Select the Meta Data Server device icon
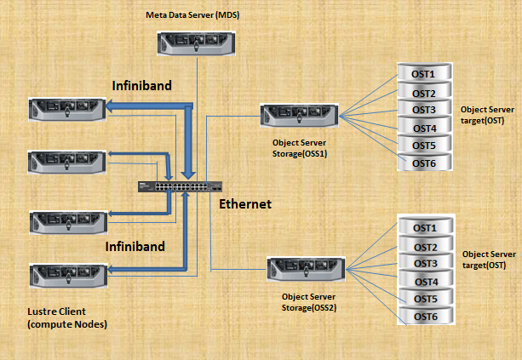click(195, 43)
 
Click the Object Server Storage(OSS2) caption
click(310, 301)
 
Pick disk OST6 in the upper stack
click(424, 163)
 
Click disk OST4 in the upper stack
click(424, 128)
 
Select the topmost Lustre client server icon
click(66, 108)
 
